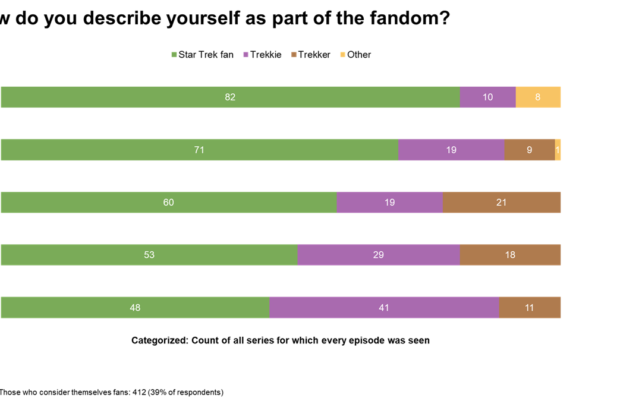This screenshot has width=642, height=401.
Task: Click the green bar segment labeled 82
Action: coord(230,97)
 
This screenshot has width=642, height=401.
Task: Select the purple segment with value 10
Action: coord(487,97)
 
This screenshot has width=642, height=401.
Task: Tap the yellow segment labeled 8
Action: coord(538,97)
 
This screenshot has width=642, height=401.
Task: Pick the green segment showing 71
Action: coord(199,150)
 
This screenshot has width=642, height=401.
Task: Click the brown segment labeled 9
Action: coord(529,150)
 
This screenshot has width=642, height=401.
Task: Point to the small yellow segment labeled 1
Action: coord(558,150)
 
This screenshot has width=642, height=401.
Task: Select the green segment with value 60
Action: coord(168,202)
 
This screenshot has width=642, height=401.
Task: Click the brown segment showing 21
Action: coord(502,202)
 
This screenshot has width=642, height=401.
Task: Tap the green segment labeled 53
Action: coord(149,255)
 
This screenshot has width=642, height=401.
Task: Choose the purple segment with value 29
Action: coord(379,255)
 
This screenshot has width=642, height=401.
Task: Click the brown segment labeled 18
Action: coord(510,255)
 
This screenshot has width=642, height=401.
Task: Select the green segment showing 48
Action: coord(135,308)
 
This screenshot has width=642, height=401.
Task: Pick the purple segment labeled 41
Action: coord(384,308)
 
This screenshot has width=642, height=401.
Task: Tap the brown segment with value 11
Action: coord(530,308)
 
